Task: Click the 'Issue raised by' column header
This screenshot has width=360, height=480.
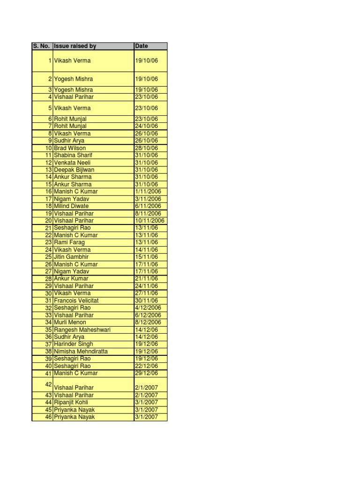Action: pyautogui.click(x=75, y=46)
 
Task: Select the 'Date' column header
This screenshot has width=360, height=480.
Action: pyautogui.click(x=141, y=46)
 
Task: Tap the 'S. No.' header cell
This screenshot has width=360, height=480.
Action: pyautogui.click(x=42, y=46)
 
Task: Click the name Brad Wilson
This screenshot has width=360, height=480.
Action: pyautogui.click(x=70, y=148)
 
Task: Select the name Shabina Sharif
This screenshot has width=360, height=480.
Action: pyautogui.click(x=73, y=155)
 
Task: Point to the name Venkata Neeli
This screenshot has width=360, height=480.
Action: pyautogui.click(x=72, y=163)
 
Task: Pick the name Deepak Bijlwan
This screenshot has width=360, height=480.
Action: pyautogui.click(x=74, y=170)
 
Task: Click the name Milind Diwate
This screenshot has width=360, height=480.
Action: pyautogui.click(x=71, y=206)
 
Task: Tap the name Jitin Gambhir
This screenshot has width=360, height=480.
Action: pyautogui.click(x=71, y=257)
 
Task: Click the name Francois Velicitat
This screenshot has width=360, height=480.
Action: pyautogui.click(x=76, y=300)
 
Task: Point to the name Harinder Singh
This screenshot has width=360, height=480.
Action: pyautogui.click(x=74, y=344)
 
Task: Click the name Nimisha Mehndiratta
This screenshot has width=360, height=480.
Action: pyautogui.click(x=81, y=352)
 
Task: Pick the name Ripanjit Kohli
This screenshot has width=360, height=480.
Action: pyautogui.click(x=71, y=402)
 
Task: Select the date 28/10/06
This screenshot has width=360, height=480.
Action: pyautogui.click(x=146, y=148)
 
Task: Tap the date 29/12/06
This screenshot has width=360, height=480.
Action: pyautogui.click(x=146, y=373)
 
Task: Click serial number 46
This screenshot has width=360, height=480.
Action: pyautogui.click(x=48, y=417)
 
